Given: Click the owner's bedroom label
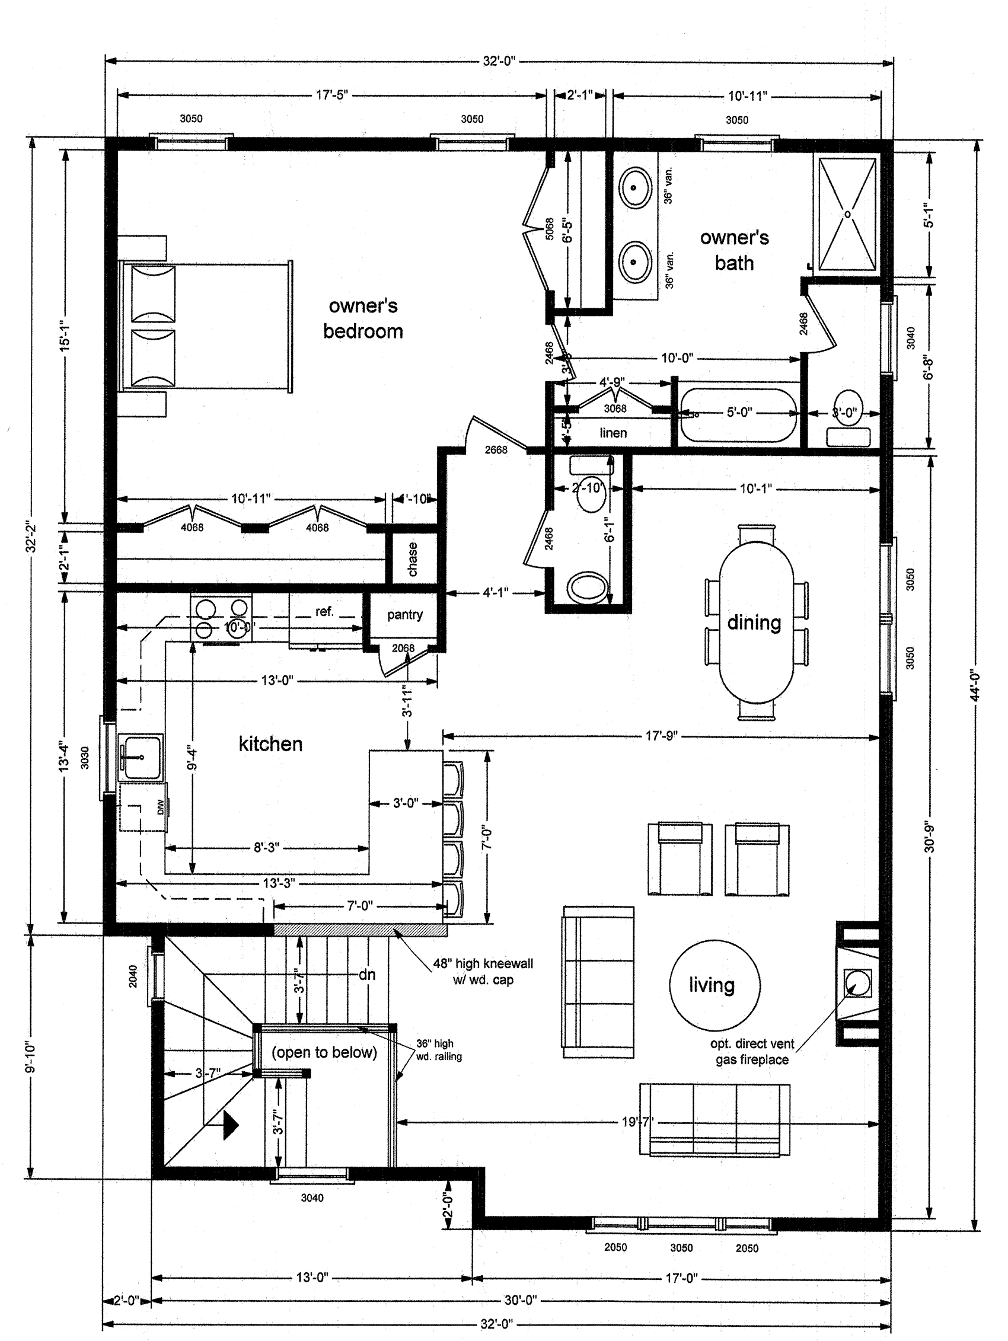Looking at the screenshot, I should point(363,318).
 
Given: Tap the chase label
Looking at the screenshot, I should point(413,558).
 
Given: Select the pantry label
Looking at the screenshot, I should point(404,614).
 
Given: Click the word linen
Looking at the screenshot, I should point(613,433).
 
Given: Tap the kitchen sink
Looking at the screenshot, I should point(141,756).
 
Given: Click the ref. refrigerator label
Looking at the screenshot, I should point(324,611).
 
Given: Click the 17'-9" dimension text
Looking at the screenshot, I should point(661,736).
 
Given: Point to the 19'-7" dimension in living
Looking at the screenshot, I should point(637,1122).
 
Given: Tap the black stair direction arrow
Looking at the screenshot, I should point(231,1125).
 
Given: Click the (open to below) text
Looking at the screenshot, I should point(324,1052).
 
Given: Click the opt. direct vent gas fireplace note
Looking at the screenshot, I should point(752,1051).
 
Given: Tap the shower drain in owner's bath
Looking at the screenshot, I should point(847,214).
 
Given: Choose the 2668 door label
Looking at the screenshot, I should point(496,449).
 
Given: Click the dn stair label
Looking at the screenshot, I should point(367,974).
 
